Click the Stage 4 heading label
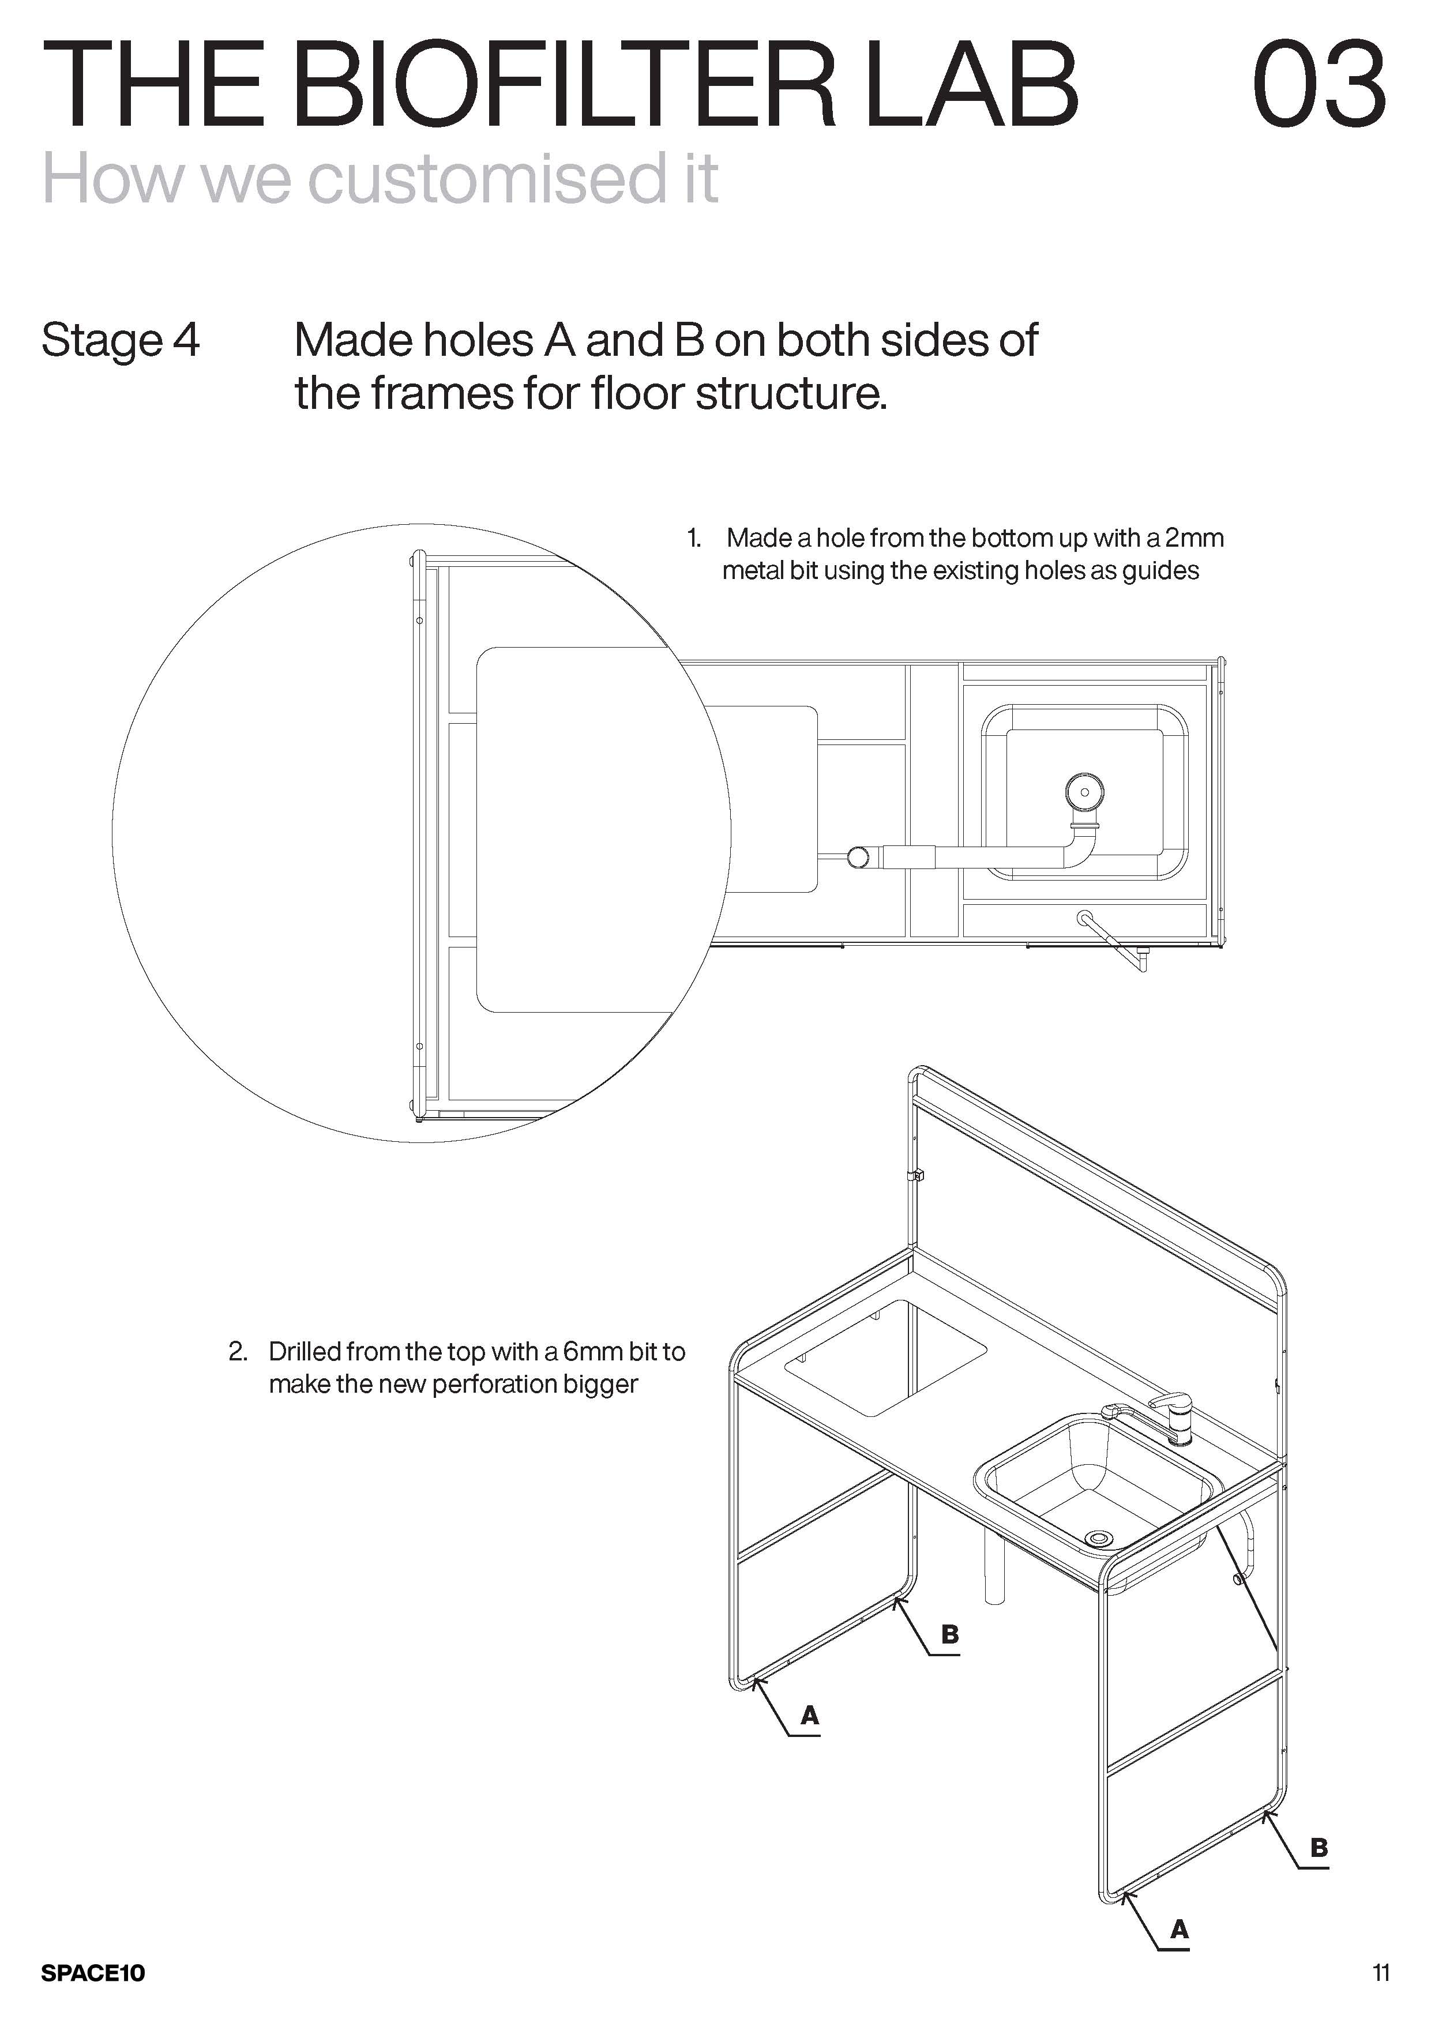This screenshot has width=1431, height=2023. tap(121, 340)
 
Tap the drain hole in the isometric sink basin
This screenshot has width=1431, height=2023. tap(1099, 1537)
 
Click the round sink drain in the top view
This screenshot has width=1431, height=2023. tap(1084, 792)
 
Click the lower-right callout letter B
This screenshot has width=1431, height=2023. tap(1319, 1848)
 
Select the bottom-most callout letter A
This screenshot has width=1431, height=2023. tap(1179, 1931)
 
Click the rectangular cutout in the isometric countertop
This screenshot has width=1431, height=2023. tap(885, 1358)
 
